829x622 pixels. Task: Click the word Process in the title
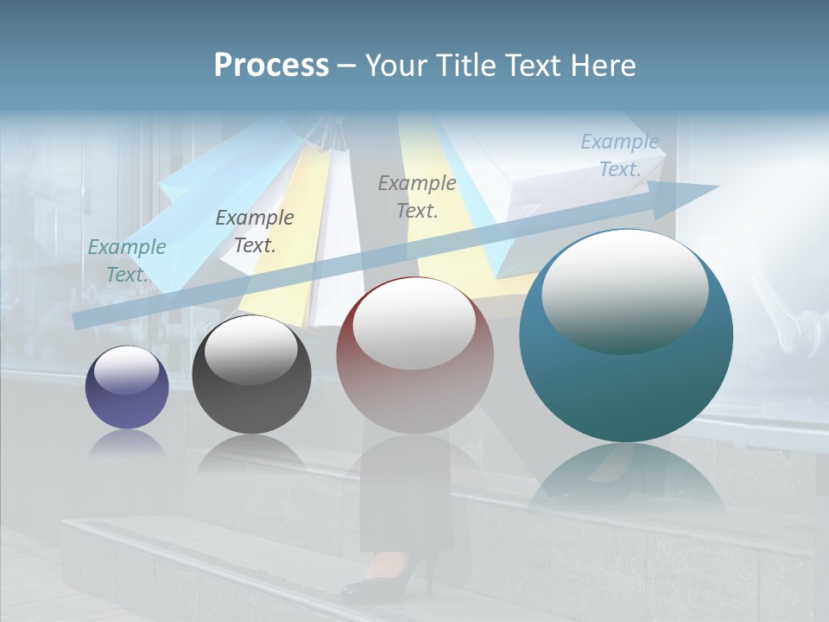click(271, 66)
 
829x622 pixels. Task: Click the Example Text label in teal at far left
click(127, 261)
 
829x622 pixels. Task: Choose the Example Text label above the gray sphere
click(255, 232)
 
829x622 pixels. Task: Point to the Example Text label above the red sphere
click(417, 197)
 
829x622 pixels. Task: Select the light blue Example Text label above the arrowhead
click(620, 155)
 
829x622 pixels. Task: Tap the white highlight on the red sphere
click(414, 324)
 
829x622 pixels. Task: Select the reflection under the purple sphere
click(127, 442)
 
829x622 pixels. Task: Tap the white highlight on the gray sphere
click(251, 350)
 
